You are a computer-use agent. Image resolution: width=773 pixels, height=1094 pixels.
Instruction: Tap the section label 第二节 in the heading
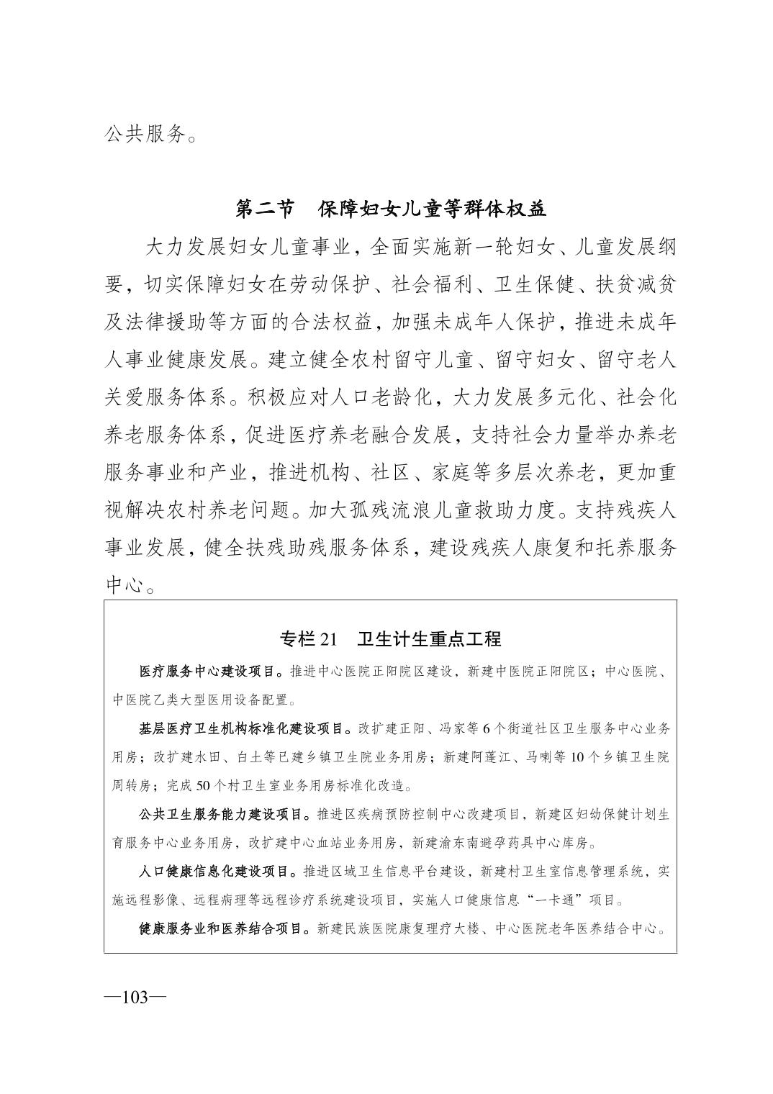(265, 209)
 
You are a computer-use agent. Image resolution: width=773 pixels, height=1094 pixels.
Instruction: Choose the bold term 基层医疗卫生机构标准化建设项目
(242, 728)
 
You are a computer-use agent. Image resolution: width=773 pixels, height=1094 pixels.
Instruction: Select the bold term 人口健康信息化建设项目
(214, 872)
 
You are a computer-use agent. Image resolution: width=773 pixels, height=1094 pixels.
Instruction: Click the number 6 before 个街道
(485, 728)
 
